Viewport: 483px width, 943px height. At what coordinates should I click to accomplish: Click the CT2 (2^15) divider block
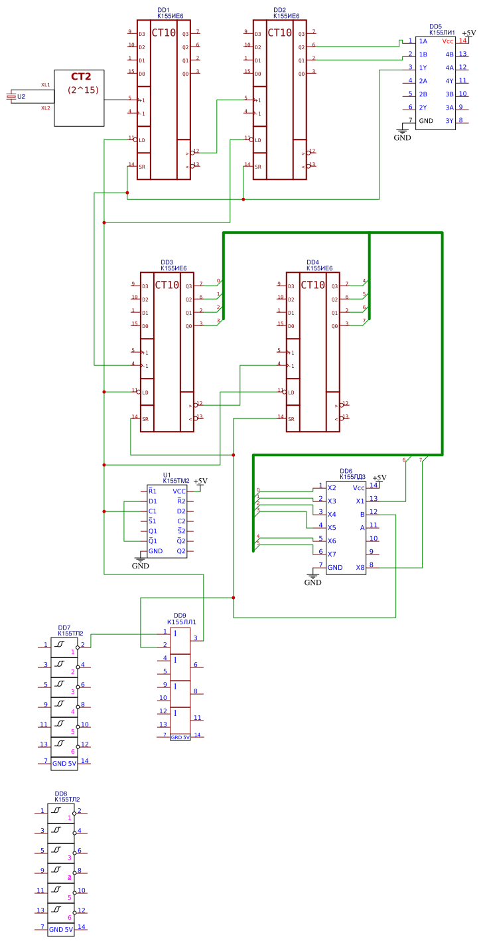pyautogui.click(x=80, y=98)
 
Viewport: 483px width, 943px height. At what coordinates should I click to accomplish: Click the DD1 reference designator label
pyautogui.click(x=163, y=10)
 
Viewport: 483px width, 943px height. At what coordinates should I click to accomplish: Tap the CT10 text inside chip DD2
pyautogui.click(x=279, y=33)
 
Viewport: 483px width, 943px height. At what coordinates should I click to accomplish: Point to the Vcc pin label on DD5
pyautogui.click(x=448, y=41)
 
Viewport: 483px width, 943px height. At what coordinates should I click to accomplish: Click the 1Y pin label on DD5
pyautogui.click(x=423, y=68)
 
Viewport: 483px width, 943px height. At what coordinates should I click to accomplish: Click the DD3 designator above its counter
pyautogui.click(x=167, y=262)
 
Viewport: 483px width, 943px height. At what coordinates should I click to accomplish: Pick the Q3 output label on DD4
pyautogui.click(x=334, y=286)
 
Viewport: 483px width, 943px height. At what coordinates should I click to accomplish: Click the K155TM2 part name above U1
pyautogui.click(x=176, y=480)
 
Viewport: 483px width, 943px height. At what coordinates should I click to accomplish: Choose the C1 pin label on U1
pyautogui.click(x=153, y=511)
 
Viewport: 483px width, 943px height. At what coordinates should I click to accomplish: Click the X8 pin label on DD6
pyautogui.click(x=360, y=567)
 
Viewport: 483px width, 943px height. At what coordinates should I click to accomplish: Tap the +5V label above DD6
pyautogui.click(x=379, y=477)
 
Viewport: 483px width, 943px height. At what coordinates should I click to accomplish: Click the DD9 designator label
pyautogui.click(x=180, y=615)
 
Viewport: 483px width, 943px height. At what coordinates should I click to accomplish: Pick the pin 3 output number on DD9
pyautogui.click(x=195, y=638)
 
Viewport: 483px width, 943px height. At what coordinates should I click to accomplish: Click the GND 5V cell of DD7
pyautogui.click(x=64, y=763)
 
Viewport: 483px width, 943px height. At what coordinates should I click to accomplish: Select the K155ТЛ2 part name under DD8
pyautogui.click(x=67, y=800)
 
